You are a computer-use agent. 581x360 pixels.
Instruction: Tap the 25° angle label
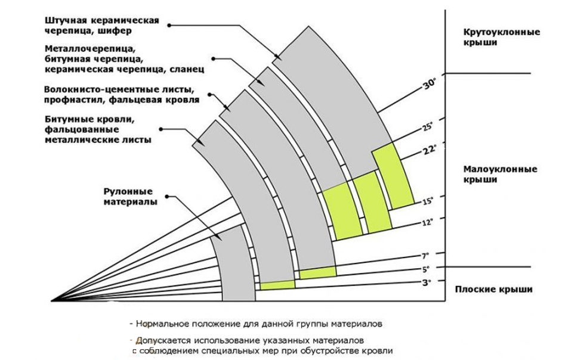click(x=427, y=127)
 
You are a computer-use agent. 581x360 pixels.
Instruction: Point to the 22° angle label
click(x=429, y=150)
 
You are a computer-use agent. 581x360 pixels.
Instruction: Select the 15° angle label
click(x=427, y=200)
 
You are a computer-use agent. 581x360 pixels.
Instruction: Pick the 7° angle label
click(x=425, y=256)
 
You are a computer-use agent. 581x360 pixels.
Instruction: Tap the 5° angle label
click(x=425, y=268)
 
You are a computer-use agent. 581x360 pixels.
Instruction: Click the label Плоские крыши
click(x=493, y=290)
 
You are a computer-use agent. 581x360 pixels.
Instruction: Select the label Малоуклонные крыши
click(x=500, y=174)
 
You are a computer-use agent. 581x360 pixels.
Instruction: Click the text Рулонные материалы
click(x=128, y=197)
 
